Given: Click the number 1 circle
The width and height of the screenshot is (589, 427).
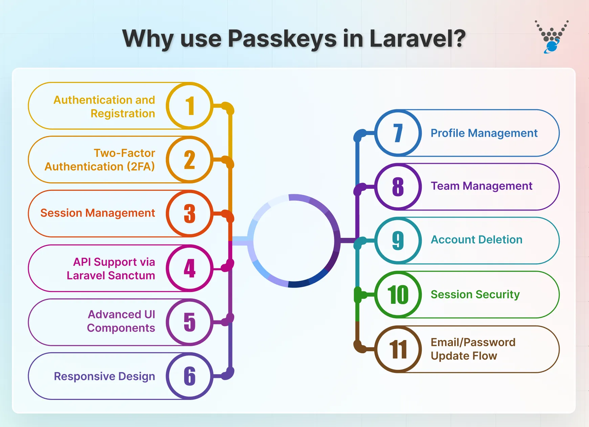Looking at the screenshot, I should click(x=190, y=106).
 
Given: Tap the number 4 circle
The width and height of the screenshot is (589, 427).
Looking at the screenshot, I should click(x=190, y=268).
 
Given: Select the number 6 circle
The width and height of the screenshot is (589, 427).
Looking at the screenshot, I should click(x=190, y=376).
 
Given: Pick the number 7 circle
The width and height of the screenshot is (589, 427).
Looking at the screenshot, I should click(x=398, y=133).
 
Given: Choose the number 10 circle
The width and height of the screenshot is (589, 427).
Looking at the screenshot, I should click(x=398, y=294).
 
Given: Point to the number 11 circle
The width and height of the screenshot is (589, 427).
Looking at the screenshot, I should click(x=398, y=349).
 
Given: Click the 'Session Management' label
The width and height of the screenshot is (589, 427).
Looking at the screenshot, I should click(x=97, y=213).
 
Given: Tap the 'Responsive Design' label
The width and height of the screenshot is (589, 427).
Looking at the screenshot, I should click(x=104, y=376).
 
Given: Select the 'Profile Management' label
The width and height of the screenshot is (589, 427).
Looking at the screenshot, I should click(x=484, y=133).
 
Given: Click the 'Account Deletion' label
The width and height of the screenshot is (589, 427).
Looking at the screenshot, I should click(x=476, y=240).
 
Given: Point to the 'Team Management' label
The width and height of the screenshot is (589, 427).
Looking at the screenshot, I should click(x=481, y=186).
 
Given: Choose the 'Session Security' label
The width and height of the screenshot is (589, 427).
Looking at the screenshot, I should click(x=475, y=295).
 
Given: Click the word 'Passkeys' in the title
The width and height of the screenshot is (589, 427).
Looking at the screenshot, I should click(x=282, y=39).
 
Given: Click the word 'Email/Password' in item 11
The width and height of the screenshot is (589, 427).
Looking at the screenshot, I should click(x=473, y=342).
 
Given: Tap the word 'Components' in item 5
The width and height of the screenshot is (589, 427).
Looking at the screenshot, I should click(x=121, y=328).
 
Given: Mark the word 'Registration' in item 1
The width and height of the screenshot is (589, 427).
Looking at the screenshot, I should click(x=123, y=114).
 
